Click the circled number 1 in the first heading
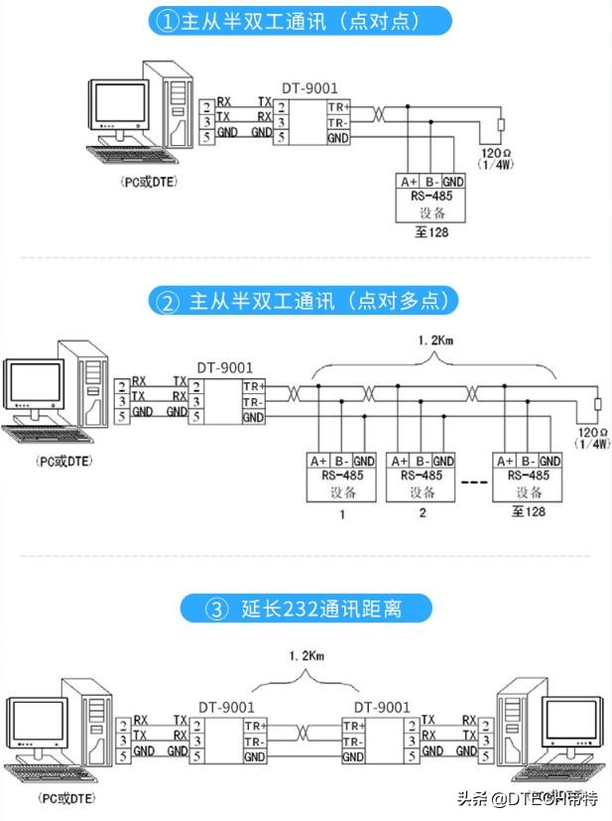click(167, 22)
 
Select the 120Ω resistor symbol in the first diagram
click(502, 126)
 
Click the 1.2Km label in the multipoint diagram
click(434, 341)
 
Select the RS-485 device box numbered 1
click(341, 477)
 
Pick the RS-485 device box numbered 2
click(422, 477)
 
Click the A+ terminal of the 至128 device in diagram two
click(504, 461)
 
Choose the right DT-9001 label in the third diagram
click(382, 707)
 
